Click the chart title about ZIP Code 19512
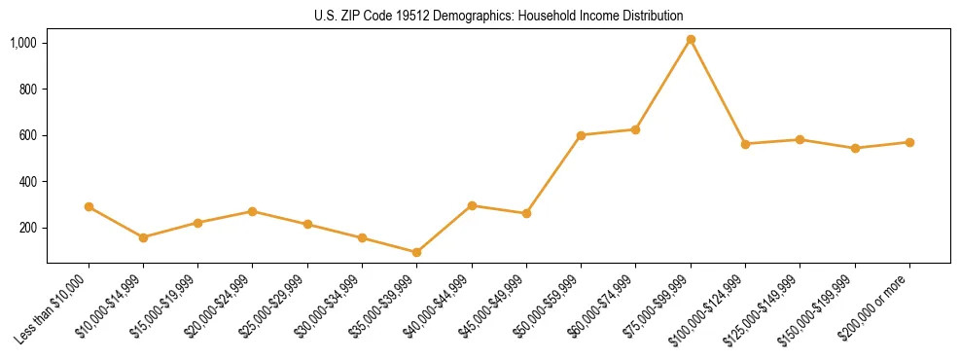click(498, 16)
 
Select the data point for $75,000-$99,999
click(691, 39)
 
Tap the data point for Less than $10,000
click(89, 206)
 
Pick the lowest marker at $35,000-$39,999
click(417, 252)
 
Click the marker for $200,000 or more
click(909, 142)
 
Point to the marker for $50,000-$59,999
click(581, 135)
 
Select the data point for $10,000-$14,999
click(143, 237)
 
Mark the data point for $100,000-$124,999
click(745, 144)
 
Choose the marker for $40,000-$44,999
click(472, 205)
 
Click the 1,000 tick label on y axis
click(23, 43)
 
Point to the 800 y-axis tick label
click(28, 89)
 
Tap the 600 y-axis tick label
click(28, 135)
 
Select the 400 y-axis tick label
click(28, 181)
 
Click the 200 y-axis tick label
click(28, 228)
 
